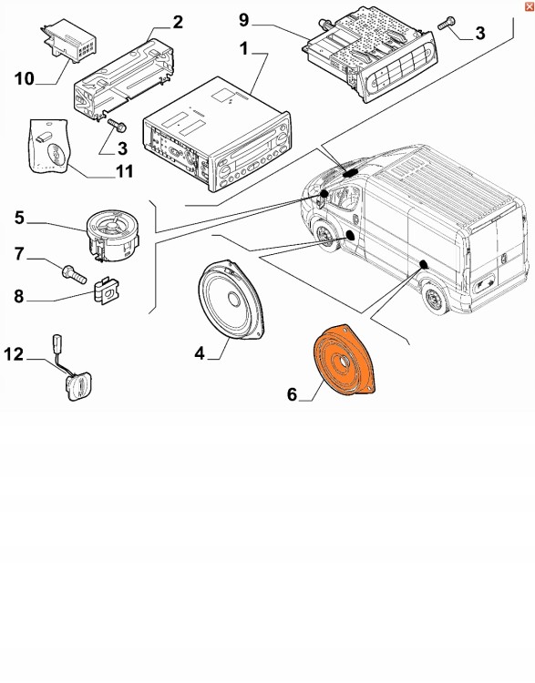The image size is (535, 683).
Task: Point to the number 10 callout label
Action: coord(24,79)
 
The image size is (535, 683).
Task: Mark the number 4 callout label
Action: coord(198,352)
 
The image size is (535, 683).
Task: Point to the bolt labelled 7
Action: coord(72,270)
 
